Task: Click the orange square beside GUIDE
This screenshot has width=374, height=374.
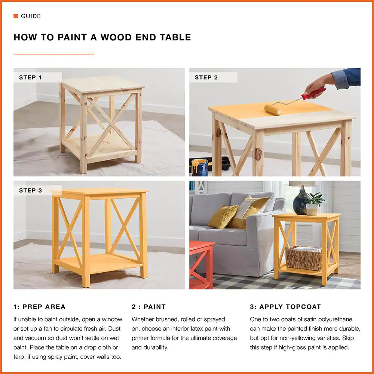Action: click(x=16, y=16)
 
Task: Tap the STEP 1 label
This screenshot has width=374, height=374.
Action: click(x=30, y=78)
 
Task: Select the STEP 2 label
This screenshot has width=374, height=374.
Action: click(x=206, y=78)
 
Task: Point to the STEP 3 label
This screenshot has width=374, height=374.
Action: click(x=30, y=191)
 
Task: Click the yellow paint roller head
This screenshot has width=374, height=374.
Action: click(x=273, y=109)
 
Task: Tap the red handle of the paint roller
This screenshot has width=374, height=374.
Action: click(x=314, y=93)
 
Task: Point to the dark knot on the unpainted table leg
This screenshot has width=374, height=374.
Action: click(x=257, y=154)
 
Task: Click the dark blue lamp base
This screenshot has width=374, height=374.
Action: click(x=300, y=203)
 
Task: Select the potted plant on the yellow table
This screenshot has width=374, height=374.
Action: click(x=313, y=204)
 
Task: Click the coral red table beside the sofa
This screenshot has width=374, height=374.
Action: click(x=201, y=264)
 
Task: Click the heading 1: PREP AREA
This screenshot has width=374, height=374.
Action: click(x=39, y=307)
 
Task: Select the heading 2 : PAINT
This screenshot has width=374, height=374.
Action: click(x=148, y=307)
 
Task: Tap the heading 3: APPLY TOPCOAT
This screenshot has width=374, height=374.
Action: click(x=285, y=307)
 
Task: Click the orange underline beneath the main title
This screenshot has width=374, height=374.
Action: click(x=54, y=54)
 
